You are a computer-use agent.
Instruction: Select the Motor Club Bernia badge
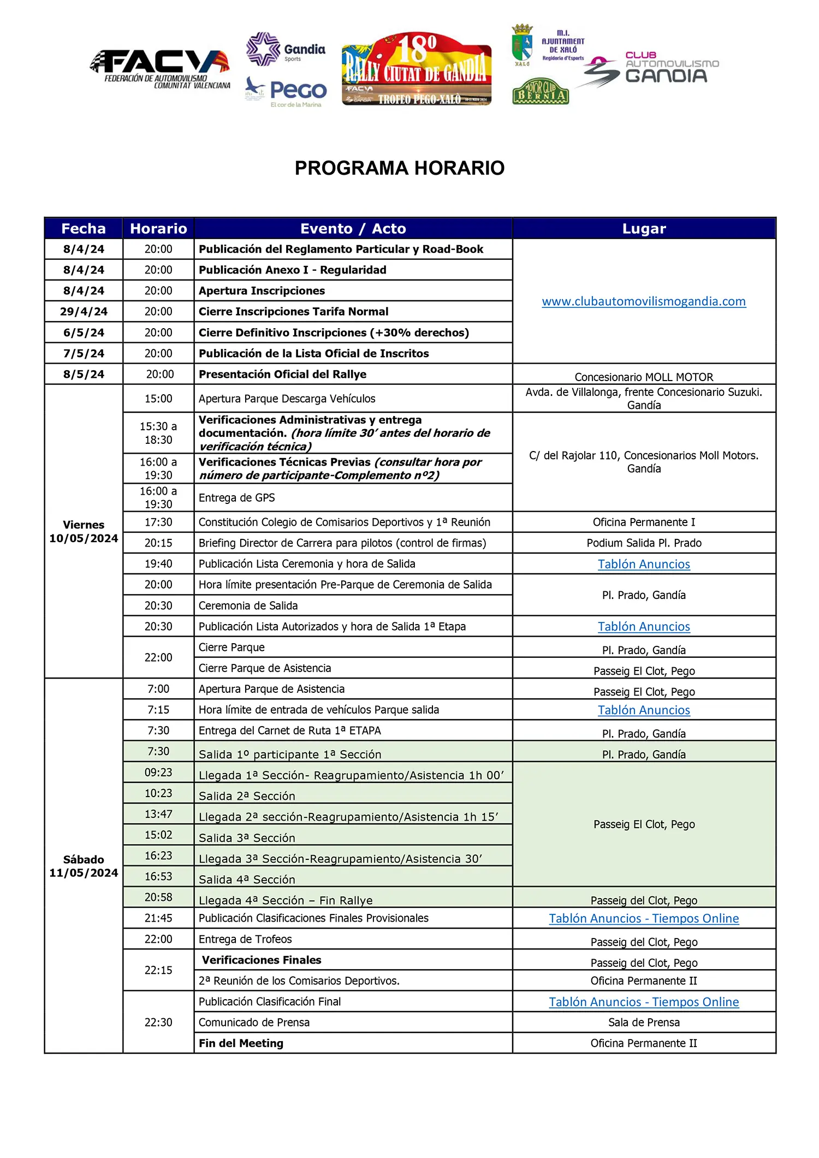point(541,92)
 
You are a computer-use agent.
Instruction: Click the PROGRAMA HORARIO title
point(399,168)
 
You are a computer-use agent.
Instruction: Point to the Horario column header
point(158,228)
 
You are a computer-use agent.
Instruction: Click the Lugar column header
point(644,228)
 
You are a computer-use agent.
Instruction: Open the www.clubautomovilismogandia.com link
point(644,301)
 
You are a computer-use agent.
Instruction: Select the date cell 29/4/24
point(84,312)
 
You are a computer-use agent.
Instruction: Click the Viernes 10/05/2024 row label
point(84,531)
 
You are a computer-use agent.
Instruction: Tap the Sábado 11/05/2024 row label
point(84,866)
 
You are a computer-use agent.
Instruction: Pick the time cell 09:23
point(158,773)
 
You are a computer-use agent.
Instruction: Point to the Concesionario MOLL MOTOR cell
point(644,377)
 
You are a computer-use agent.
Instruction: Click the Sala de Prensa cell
point(644,1022)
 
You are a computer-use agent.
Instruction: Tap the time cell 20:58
point(158,898)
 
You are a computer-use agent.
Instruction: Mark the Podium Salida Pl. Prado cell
point(644,543)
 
